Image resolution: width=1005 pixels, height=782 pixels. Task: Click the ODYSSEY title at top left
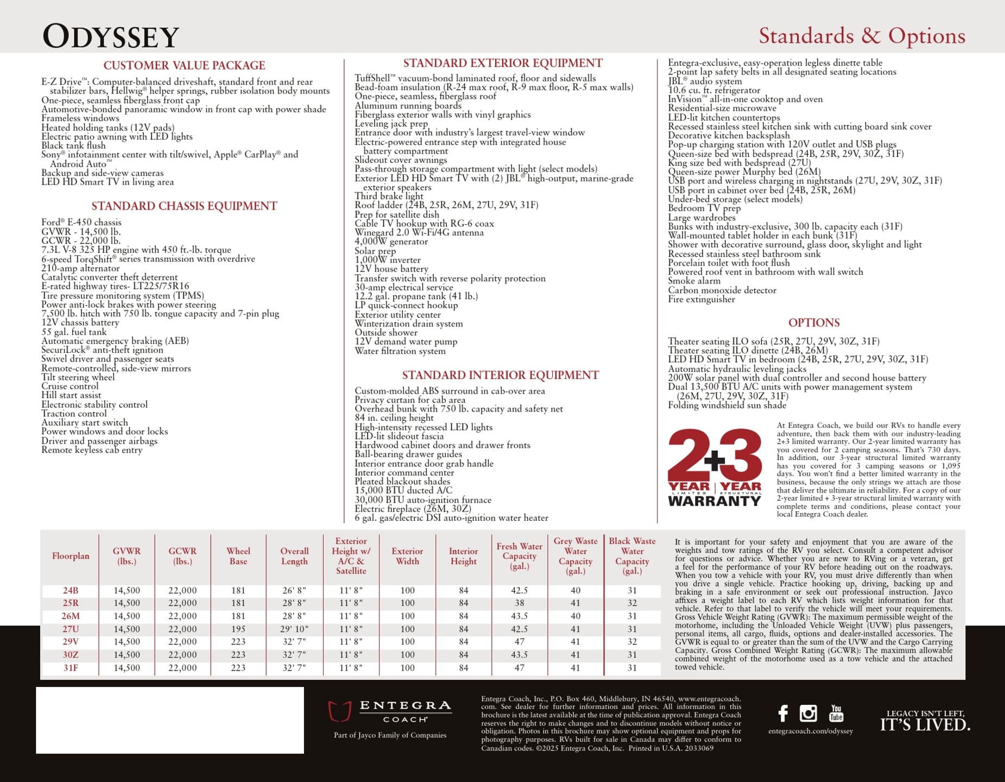click(x=111, y=37)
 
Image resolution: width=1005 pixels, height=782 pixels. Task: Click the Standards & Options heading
click(x=862, y=36)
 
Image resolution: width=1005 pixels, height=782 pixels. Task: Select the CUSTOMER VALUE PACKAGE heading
click(x=184, y=66)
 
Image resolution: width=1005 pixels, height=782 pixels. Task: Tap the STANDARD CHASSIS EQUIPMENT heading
click(x=184, y=206)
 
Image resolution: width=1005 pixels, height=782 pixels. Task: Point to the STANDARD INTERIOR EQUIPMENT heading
click(x=500, y=375)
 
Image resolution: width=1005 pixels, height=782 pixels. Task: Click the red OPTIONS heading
click(x=813, y=323)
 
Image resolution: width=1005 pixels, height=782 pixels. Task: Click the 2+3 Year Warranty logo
click(x=715, y=468)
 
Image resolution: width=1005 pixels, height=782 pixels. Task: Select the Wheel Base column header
click(x=238, y=556)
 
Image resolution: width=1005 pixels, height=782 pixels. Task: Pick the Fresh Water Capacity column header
click(x=519, y=556)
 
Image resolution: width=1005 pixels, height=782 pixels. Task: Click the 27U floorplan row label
click(x=71, y=629)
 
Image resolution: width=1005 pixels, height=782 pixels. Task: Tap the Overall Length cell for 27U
click(x=294, y=629)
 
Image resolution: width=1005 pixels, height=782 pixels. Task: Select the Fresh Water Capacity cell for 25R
click(x=519, y=603)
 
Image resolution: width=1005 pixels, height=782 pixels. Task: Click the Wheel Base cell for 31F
click(x=238, y=668)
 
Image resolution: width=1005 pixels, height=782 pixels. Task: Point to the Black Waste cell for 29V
click(x=632, y=642)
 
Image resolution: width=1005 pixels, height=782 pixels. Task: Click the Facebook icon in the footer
click(x=782, y=713)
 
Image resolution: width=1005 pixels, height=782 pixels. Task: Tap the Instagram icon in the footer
click(x=808, y=713)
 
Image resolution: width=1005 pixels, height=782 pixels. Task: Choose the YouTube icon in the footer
click(x=836, y=713)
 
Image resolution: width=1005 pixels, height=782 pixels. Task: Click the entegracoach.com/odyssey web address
click(x=810, y=731)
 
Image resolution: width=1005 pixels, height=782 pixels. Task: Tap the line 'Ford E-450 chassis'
click(x=81, y=223)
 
